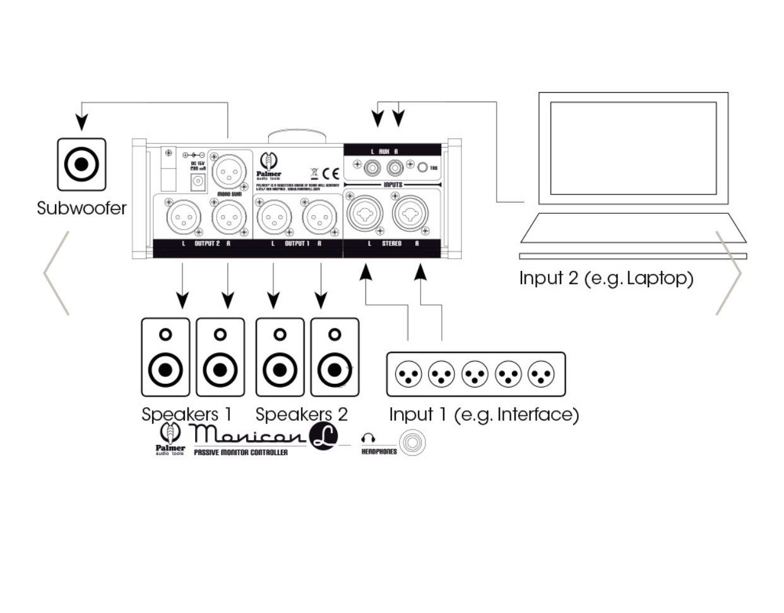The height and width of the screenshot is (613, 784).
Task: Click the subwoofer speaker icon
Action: click(x=81, y=164)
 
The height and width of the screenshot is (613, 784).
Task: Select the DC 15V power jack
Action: click(x=198, y=182)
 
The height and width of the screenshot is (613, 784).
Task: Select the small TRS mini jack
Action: click(x=423, y=168)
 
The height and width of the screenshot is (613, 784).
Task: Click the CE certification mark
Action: click(x=331, y=174)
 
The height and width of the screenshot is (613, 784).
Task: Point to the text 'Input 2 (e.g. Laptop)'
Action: click(x=606, y=278)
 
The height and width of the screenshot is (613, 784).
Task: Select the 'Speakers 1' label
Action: click(x=186, y=414)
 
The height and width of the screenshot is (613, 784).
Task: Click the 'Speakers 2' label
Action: click(x=301, y=414)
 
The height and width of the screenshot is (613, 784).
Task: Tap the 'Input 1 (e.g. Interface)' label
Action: click(x=484, y=414)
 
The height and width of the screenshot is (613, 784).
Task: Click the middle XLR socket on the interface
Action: click(x=475, y=374)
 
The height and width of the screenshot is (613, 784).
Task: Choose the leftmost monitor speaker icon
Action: click(x=165, y=357)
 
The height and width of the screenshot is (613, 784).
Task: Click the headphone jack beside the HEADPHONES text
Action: click(x=412, y=443)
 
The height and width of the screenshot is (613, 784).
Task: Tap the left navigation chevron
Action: click(x=56, y=273)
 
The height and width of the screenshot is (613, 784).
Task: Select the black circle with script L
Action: click(x=323, y=436)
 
